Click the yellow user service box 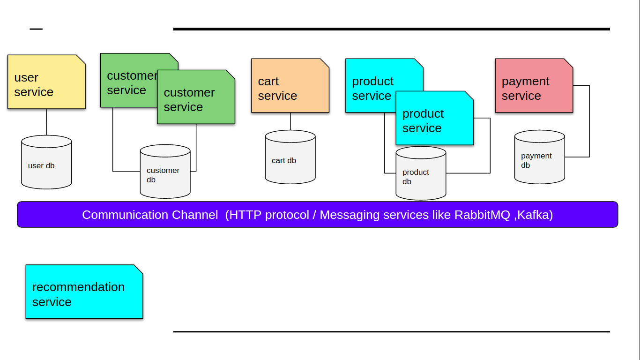46,82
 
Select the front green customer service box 196,98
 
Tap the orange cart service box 290,86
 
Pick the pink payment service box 534,86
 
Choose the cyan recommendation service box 84,292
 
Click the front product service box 434,119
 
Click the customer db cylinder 165,172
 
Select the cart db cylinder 290,157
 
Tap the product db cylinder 421,174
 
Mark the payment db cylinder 539,157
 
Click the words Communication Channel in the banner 150,215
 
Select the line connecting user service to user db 46,122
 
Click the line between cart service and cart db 290,121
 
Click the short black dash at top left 36,29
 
